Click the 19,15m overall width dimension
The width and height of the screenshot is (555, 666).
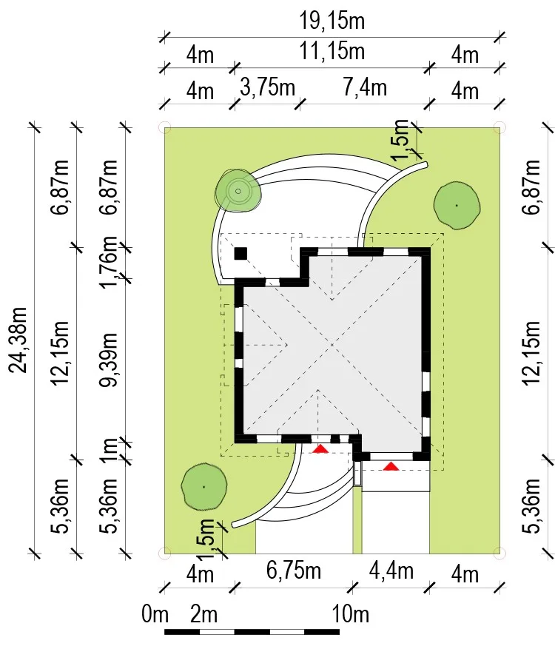(x=332, y=21)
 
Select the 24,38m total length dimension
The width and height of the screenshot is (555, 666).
(x=18, y=340)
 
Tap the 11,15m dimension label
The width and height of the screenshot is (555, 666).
(x=332, y=51)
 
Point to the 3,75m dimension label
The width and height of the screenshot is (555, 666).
(x=268, y=87)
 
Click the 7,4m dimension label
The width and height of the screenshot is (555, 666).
(x=365, y=87)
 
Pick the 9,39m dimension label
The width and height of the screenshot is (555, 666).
(x=108, y=360)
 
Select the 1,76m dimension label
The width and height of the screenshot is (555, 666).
(x=108, y=262)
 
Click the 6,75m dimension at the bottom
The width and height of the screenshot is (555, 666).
(x=294, y=570)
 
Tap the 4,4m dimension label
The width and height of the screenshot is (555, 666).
(x=391, y=570)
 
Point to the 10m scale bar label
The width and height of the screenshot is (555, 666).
(x=350, y=614)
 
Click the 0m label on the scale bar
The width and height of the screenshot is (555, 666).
(x=155, y=614)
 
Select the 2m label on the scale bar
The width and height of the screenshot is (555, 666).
(x=203, y=614)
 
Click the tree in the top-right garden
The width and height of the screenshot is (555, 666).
(x=457, y=206)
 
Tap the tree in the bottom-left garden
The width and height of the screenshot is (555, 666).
(x=203, y=487)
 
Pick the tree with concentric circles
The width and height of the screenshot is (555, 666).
(x=238, y=192)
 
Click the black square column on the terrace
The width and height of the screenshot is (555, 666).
(x=240, y=254)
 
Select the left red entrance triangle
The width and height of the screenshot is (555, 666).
(x=320, y=448)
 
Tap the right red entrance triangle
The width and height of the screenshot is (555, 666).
(x=391, y=466)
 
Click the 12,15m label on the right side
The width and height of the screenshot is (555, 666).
(x=531, y=353)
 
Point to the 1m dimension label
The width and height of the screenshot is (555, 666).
(x=108, y=449)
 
